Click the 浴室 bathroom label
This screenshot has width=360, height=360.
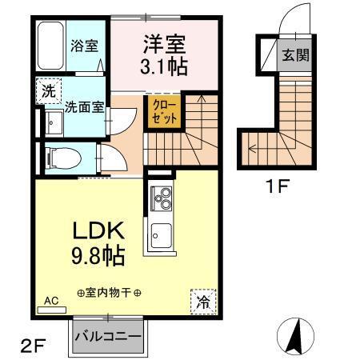point(83,46)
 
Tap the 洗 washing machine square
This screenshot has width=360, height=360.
point(47,91)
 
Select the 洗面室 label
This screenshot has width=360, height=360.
point(83,106)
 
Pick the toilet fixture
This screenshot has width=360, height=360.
point(58,155)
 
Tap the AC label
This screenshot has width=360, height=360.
point(51,301)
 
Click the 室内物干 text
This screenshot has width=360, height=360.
point(110,292)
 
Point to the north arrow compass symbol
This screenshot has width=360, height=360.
point(296,334)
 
